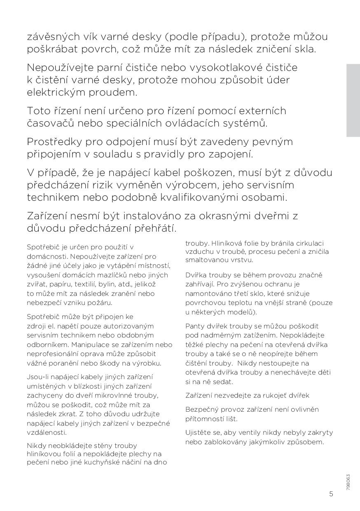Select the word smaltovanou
(x=205, y=260)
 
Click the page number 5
(x=331, y=494)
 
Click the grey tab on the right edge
(x=353, y=100)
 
